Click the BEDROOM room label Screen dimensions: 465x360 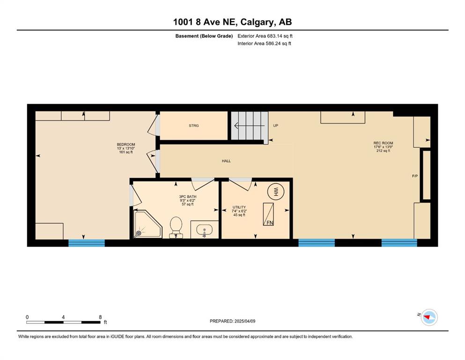[x=126, y=144]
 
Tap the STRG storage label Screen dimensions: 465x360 [x=194, y=126]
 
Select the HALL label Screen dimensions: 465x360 [x=226, y=161]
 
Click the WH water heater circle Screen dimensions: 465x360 [x=276, y=191]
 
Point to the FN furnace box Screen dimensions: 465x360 [x=268, y=214]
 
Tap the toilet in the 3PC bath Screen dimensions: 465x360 [x=176, y=227]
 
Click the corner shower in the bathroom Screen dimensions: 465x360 [x=148, y=224]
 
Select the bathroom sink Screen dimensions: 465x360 [x=204, y=229]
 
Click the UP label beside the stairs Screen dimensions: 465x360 [x=275, y=126]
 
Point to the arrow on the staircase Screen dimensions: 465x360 [x=249, y=126]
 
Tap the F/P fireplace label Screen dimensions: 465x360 [x=415, y=176]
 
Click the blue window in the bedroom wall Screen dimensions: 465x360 [x=87, y=243]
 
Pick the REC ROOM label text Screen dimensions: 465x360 [x=383, y=143]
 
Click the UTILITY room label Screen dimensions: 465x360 [x=239, y=207]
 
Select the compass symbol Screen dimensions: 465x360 [x=429, y=317]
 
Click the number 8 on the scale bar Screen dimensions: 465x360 [x=100, y=317]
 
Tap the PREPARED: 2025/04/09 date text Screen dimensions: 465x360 [x=232, y=321]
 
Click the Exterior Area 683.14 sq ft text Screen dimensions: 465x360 [x=265, y=36]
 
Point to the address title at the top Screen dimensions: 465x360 [x=232, y=22]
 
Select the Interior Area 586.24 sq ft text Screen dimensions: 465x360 [x=264, y=43]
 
